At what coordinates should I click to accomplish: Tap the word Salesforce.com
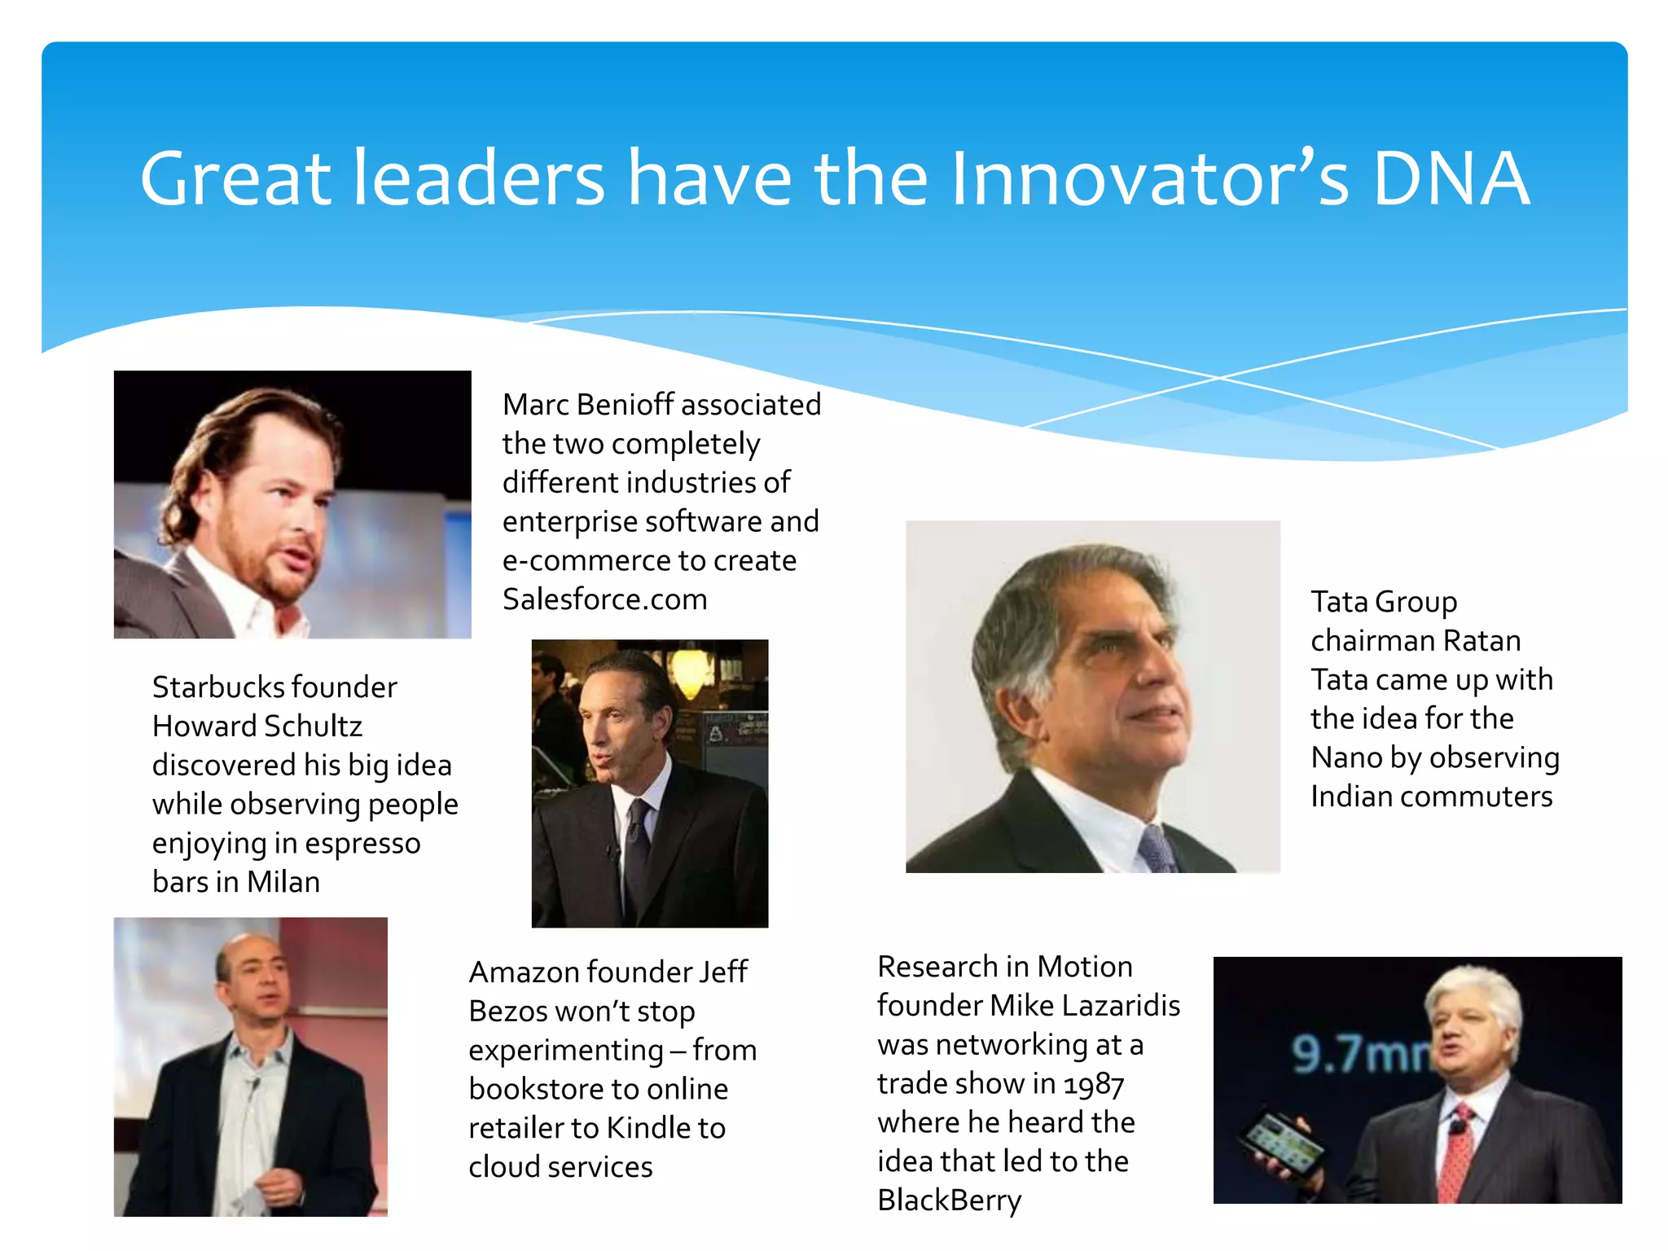(604, 599)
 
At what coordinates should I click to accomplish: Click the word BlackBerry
(949, 1201)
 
